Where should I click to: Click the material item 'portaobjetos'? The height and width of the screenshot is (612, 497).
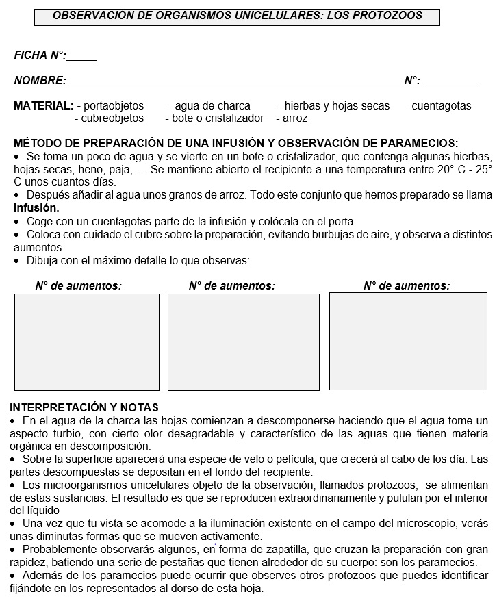point(114,106)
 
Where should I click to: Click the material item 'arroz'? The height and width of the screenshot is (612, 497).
point(295,118)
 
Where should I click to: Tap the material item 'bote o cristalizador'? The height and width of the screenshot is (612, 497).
point(218,118)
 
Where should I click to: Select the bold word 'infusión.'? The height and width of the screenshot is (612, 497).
point(36,207)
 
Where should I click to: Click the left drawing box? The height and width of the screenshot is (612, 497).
point(86,342)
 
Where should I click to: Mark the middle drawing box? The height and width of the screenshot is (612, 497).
point(243,342)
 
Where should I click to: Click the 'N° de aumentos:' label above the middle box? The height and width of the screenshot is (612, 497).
point(231,286)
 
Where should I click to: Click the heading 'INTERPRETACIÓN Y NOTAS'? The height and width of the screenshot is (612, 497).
point(84,407)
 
